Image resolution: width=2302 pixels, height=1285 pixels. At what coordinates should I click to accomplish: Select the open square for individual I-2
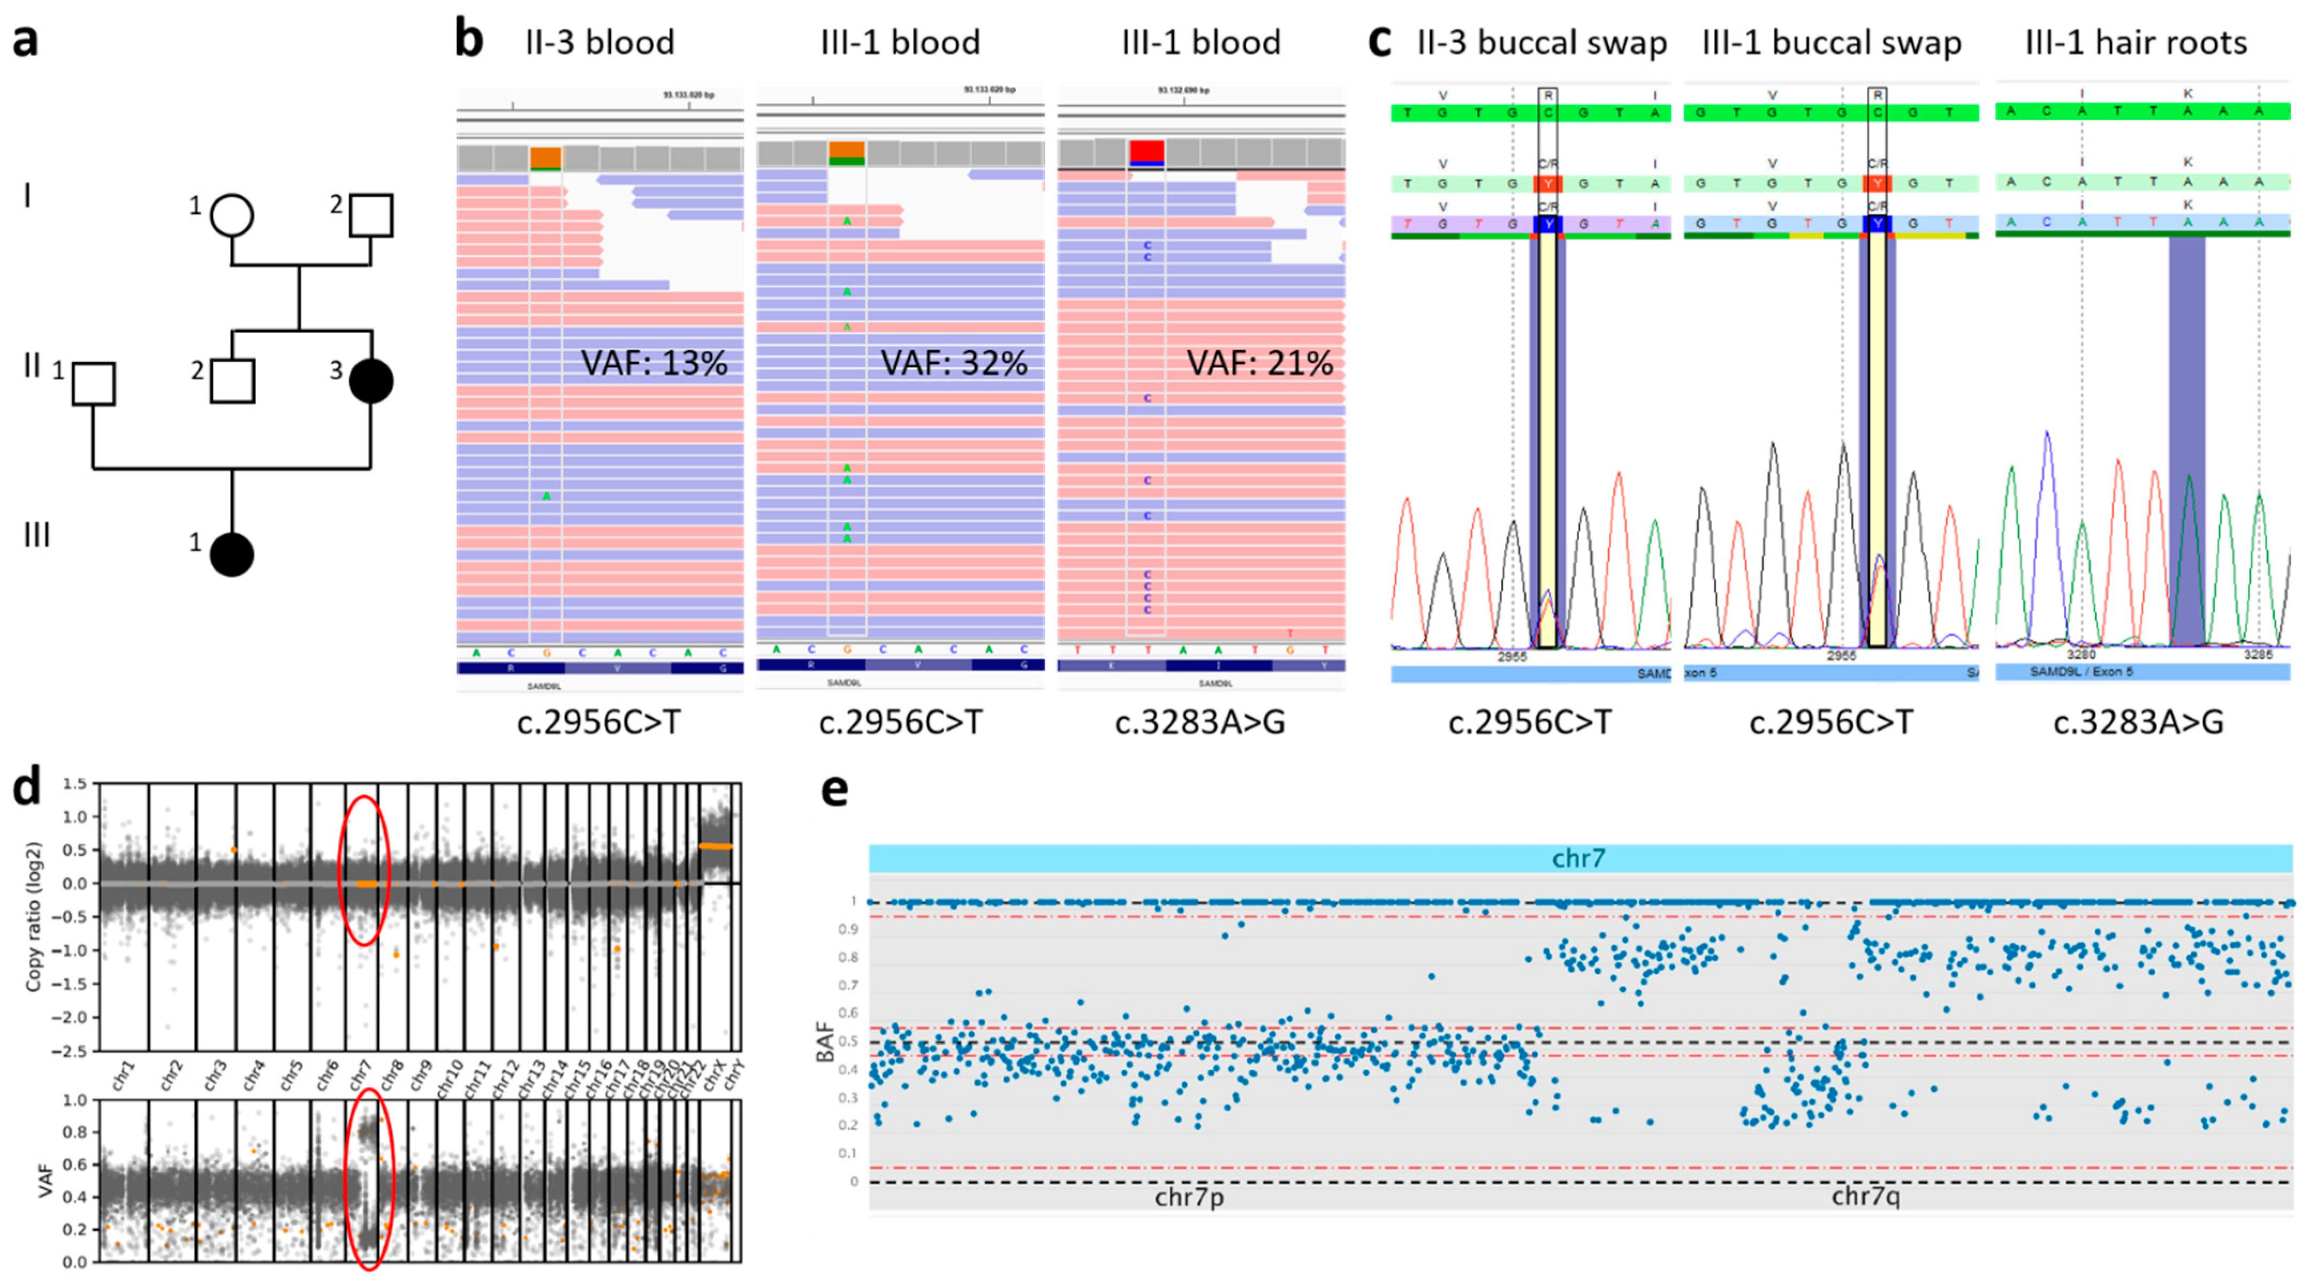[370, 215]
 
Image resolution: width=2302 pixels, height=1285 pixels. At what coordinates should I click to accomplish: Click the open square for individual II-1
[93, 383]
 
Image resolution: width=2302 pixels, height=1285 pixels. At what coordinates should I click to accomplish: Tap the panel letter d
[26, 786]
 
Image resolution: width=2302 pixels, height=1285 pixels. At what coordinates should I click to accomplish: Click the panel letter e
[834, 790]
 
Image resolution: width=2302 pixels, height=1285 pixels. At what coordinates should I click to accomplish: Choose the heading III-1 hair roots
[2136, 43]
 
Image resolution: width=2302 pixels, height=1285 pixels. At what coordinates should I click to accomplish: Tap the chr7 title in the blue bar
[1579, 859]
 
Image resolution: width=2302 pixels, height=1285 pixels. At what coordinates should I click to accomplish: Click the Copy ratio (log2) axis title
[33, 916]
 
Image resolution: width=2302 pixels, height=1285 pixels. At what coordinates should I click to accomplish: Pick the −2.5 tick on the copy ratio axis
[72, 1051]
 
